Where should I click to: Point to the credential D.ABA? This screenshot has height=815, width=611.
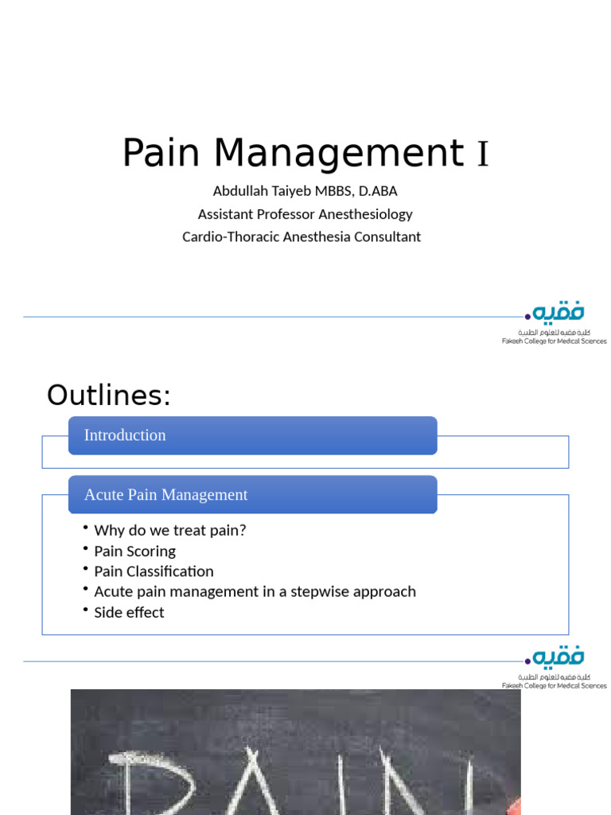point(379,191)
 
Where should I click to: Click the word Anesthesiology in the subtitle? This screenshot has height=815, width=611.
point(365,214)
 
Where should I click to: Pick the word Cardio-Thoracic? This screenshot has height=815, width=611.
point(230,236)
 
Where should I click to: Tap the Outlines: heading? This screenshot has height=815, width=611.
point(109,395)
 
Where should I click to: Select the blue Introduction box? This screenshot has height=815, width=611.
point(252,435)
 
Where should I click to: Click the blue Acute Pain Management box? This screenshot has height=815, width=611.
point(252,494)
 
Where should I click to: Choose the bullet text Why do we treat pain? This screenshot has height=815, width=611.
point(170,530)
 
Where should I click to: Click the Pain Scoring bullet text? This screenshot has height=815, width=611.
point(134,551)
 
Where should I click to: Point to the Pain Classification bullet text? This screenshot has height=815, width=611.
point(154,571)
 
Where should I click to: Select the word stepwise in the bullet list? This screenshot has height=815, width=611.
point(323,591)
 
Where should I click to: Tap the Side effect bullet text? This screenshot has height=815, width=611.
point(129,612)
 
